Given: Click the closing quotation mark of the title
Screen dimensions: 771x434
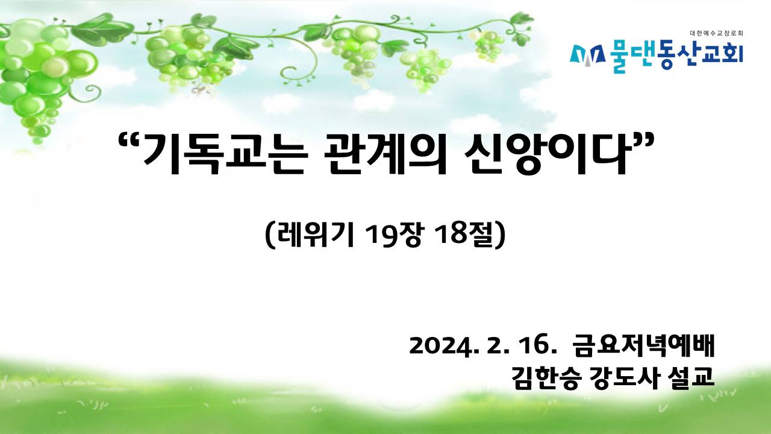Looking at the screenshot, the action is coord(641,142).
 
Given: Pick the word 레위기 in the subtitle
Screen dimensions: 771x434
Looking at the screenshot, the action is coord(316,236).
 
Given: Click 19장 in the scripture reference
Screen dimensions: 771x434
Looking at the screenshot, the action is coord(393,236).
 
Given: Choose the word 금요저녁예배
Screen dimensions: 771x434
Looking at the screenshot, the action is coord(644,346).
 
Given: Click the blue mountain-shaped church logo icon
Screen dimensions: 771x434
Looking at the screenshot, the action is coord(587,57).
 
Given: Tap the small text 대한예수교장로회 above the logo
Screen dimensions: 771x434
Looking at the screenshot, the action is coord(717,33).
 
